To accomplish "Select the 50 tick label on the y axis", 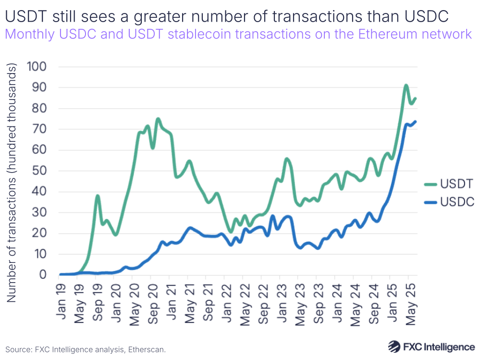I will tap(39, 171).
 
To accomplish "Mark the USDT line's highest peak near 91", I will tap(406, 86).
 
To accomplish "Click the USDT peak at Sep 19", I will tap(98, 196).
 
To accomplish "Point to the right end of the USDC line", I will tap(415, 122).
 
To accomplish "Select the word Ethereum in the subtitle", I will tap(387, 35).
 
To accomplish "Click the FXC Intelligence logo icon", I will tap(394, 347).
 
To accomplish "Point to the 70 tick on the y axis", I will tap(39, 129).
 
